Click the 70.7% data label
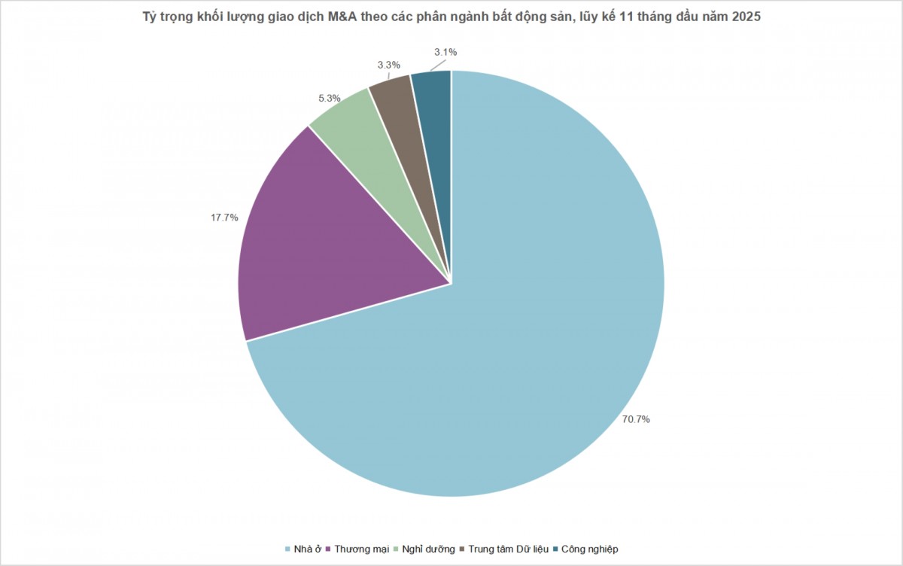point(636,419)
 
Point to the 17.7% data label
point(224,218)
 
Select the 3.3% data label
point(388,65)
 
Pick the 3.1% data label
point(445,52)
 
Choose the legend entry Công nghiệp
point(589,549)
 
